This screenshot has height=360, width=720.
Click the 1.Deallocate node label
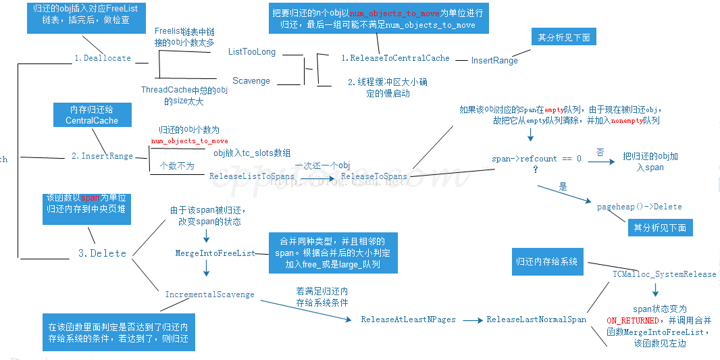pyautogui.click(x=102, y=58)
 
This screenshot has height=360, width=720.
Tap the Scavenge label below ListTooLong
pyautogui.click(x=251, y=81)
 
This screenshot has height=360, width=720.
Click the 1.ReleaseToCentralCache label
pyautogui.click(x=395, y=58)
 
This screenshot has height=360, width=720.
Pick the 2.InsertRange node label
pyautogui.click(x=102, y=156)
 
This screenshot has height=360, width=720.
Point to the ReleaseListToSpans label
pyautogui.click(x=252, y=176)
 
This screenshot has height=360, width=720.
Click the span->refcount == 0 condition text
pyautogui.click(x=536, y=159)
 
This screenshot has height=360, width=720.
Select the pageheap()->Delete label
pyautogui.click(x=639, y=207)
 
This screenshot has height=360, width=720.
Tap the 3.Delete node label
pyautogui.click(x=102, y=253)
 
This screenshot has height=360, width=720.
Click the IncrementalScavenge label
pyautogui.click(x=209, y=294)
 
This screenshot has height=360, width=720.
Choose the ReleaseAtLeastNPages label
pyautogui.click(x=408, y=319)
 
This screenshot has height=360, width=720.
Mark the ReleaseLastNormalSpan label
pyautogui.click(x=536, y=319)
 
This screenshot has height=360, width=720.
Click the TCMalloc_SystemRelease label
pyautogui.click(x=664, y=274)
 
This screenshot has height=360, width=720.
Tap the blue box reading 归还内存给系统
pyautogui.click(x=546, y=261)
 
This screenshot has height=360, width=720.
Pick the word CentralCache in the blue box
pyautogui.click(x=92, y=120)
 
